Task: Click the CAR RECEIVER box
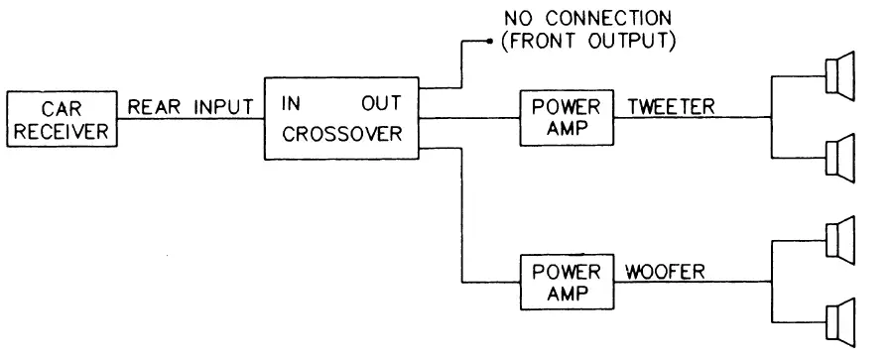[x=61, y=120]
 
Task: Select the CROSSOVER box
[x=340, y=119]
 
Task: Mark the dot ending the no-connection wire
[x=488, y=42]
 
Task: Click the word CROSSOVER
[x=340, y=134]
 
